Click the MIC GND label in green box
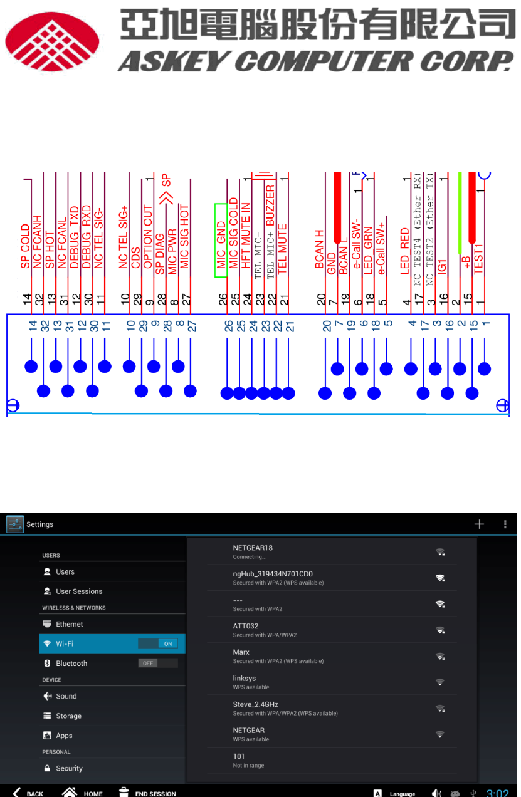point(221,236)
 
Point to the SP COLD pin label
point(26,246)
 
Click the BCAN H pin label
point(320,249)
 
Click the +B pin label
point(466,262)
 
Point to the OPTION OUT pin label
point(148,237)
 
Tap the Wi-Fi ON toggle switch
point(158,643)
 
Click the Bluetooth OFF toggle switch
point(158,663)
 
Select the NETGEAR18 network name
point(253,548)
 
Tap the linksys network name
point(245,678)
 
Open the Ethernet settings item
point(69,624)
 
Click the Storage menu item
point(68,716)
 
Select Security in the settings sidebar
point(69,768)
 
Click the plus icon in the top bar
point(479,524)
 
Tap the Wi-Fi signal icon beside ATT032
point(440,630)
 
